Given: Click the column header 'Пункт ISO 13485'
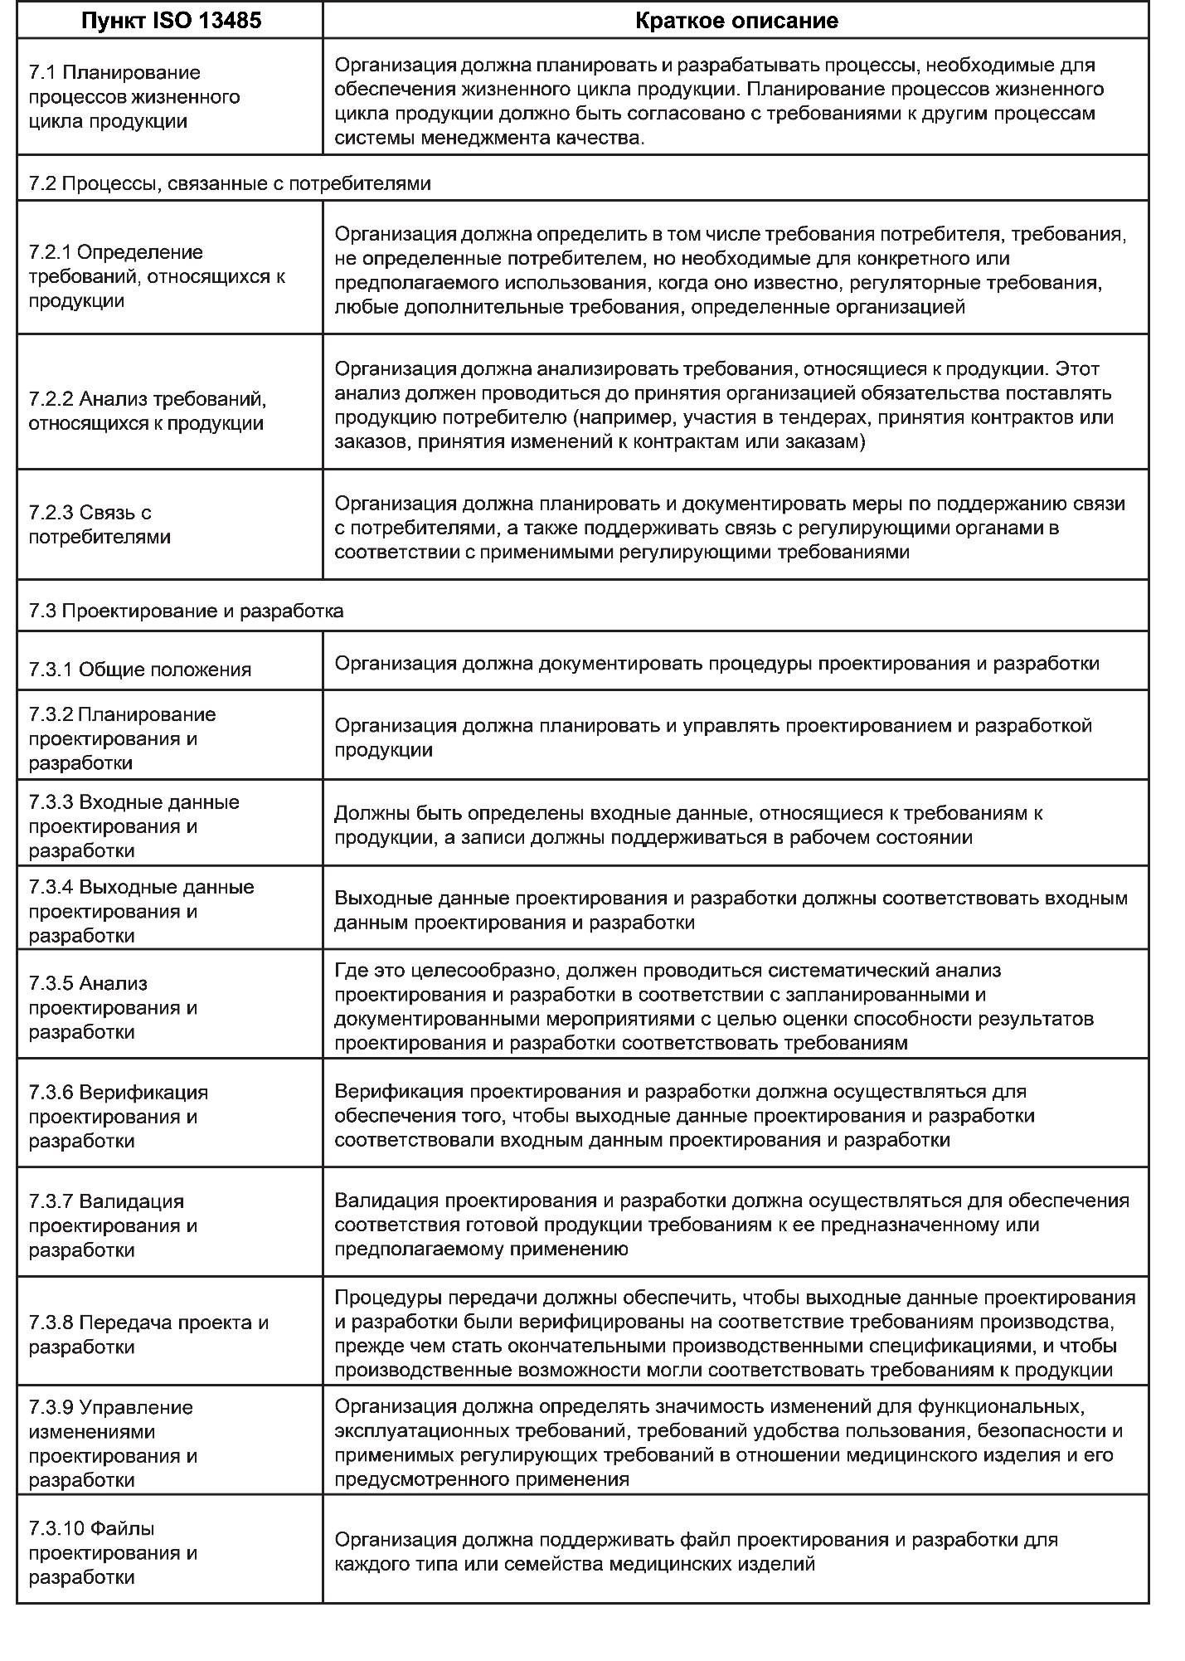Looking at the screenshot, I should pyautogui.click(x=171, y=21).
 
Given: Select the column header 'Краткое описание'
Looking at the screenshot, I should pyautogui.click(x=736, y=21).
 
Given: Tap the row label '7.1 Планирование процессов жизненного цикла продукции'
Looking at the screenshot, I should pyautogui.click(x=134, y=96).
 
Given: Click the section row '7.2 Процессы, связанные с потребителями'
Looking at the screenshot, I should pyautogui.click(x=230, y=183).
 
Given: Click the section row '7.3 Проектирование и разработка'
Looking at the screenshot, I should pyautogui.click(x=186, y=611).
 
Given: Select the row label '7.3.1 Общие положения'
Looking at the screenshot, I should pyautogui.click(x=139, y=670).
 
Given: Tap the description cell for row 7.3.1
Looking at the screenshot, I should pyautogui.click(x=716, y=664).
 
